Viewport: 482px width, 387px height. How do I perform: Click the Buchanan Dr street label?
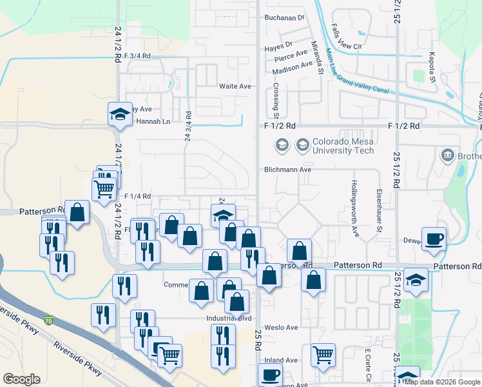click(284, 17)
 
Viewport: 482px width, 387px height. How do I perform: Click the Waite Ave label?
click(235, 86)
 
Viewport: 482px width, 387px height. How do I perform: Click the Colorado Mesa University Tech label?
click(343, 146)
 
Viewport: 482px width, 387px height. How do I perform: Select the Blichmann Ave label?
click(287, 170)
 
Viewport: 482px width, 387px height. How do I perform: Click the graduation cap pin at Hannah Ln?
click(119, 114)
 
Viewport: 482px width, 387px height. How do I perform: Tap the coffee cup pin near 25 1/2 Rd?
click(434, 238)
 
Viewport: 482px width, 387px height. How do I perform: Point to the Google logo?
click(22, 379)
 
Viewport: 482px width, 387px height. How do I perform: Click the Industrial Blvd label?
click(229, 318)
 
